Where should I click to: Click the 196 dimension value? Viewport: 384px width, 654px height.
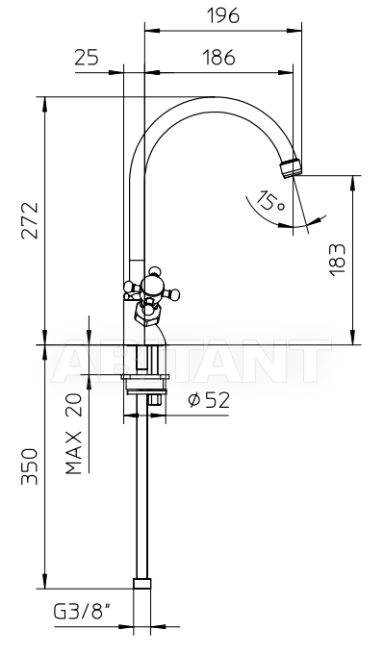tap(223, 15)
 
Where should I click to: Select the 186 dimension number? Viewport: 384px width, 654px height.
tap(219, 58)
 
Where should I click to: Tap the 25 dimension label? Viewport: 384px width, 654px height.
tap(87, 58)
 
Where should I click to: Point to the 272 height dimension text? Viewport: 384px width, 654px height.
tap(30, 220)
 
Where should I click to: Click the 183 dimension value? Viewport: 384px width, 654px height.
tap(337, 260)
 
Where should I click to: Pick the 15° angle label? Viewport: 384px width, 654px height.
tap(270, 201)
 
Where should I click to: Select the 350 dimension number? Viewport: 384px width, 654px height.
tap(30, 466)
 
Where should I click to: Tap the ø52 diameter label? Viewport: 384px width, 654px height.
tap(209, 400)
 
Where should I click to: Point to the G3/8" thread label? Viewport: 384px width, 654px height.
tap(83, 612)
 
